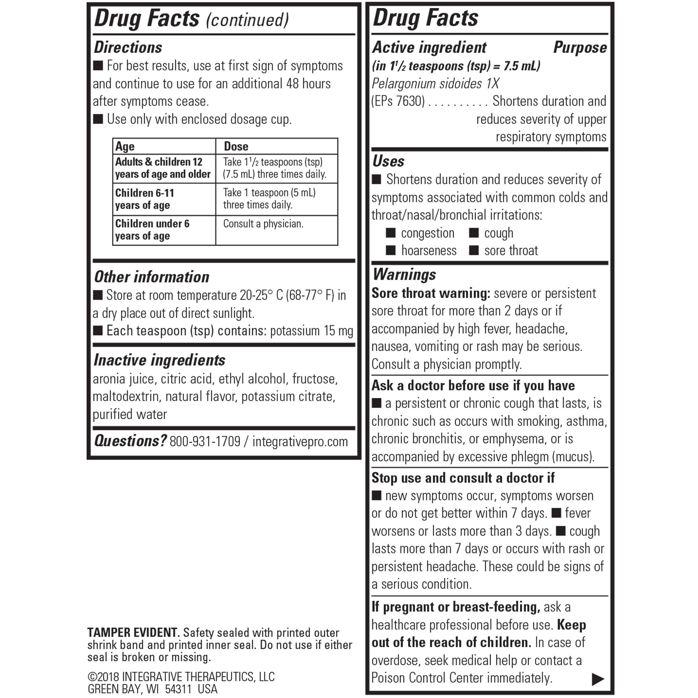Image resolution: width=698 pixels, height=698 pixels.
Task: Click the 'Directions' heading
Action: pos(128,48)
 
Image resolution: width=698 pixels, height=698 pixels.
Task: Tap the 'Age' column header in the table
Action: pos(125,146)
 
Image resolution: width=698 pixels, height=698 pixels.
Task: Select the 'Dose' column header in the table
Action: pos(236,146)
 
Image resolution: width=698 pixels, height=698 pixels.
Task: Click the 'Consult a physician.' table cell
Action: pos(263,224)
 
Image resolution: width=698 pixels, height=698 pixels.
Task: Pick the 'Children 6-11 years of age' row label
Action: pos(144,199)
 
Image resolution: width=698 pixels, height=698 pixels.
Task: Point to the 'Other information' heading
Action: pos(152,277)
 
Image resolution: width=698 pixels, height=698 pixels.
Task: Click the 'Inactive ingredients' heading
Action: pos(159,360)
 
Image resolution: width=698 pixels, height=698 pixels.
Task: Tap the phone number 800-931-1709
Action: pos(205,441)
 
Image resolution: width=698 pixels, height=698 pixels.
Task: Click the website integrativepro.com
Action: pos(300,441)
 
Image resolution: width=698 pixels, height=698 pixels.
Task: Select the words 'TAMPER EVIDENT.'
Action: pos(133,633)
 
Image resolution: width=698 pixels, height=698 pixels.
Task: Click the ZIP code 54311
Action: pos(178,689)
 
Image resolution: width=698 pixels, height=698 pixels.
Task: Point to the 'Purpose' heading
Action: pos(580,48)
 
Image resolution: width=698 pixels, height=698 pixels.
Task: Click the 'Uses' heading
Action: pos(388,161)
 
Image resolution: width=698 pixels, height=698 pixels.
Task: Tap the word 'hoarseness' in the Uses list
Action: pos(429,250)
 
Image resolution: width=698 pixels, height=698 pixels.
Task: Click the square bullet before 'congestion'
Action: pos(391,233)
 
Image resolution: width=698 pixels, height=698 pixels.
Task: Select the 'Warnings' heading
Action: pos(404,275)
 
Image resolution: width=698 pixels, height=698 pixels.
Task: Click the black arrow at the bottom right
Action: pos(598,679)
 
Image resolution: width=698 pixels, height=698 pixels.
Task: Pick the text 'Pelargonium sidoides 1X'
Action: pos(435,83)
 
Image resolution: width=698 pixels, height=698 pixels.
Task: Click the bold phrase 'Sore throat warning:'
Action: pos(431,293)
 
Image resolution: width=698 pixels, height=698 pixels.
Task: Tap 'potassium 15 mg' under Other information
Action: pos(311,331)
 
